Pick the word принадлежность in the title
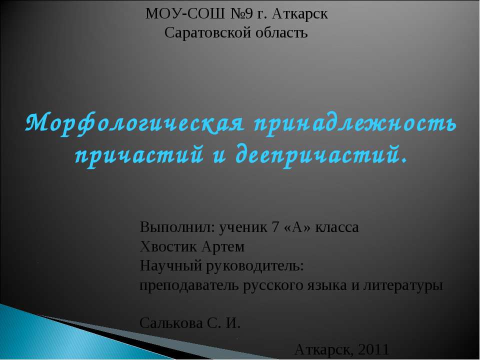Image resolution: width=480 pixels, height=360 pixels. pos(355,123)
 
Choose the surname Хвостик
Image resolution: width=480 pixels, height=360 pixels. pos(168,247)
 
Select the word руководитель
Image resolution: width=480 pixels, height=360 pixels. pos(254,266)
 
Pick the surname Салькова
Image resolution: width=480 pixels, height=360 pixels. pos(171,323)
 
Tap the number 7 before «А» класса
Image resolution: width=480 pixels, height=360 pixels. pos(275,227)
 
